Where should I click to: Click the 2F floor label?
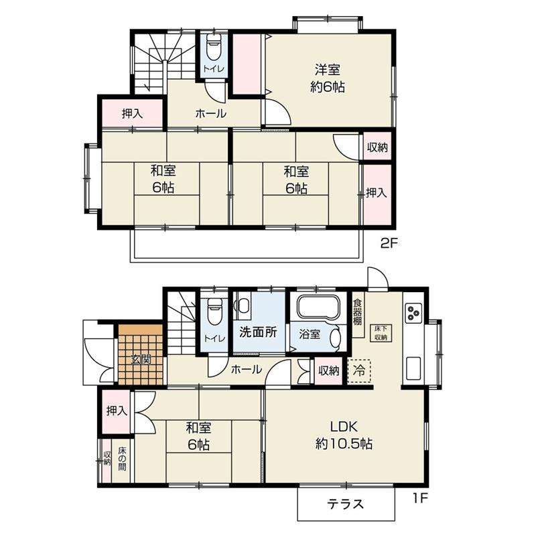pos(389,243)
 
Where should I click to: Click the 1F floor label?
pos(420,498)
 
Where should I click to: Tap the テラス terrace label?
pos(345,504)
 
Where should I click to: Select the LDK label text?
pos(344,427)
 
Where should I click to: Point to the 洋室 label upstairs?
pos(327,70)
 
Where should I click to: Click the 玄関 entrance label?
pos(141,360)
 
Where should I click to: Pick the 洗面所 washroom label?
pos(258,332)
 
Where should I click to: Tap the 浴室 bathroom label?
pos(310,334)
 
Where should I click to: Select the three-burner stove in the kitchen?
pos(413,313)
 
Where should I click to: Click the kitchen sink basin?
pos(413,368)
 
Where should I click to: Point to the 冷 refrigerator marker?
pos(359,371)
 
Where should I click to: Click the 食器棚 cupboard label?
pos(358,312)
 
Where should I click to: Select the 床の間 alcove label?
pos(122,459)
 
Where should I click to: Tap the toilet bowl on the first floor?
pos(214,312)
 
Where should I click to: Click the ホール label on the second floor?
pos(210,114)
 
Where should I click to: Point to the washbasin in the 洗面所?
pos(243,306)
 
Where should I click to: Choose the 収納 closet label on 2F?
pos(377,147)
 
